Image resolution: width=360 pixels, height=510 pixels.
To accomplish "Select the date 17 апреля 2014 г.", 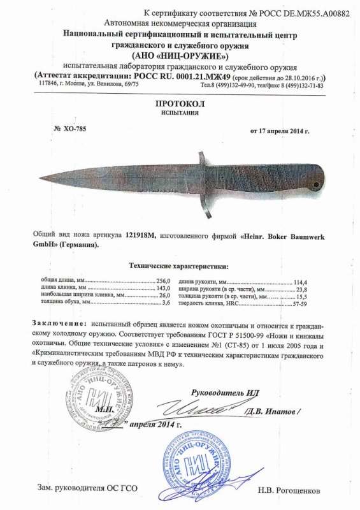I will point(280,131).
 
